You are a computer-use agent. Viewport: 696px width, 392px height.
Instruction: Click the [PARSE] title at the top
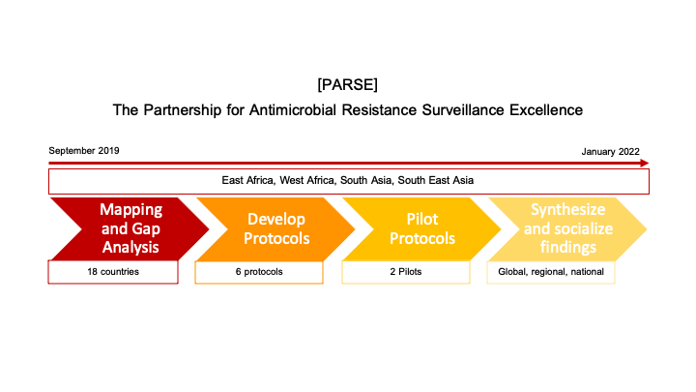pos(348,84)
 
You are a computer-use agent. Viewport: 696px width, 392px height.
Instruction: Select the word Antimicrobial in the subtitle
pos(293,109)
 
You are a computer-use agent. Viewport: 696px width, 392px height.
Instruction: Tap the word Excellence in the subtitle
pos(546,109)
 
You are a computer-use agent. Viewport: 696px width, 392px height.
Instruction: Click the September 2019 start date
pos(84,151)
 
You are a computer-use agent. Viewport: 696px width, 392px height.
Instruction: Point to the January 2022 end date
pos(610,152)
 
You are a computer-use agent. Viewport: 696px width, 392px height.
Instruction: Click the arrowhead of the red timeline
pos(645,164)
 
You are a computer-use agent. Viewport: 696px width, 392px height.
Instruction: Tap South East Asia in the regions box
pos(435,180)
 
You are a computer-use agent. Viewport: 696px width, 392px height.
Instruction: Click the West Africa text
pos(306,180)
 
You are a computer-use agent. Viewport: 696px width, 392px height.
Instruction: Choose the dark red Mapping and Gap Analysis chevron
pos(130,228)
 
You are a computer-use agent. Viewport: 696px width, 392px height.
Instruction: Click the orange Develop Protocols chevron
pos(276,228)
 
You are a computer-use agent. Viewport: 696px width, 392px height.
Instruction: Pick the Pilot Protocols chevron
pos(422,228)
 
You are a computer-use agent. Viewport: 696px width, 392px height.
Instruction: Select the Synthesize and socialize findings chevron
pos(568,228)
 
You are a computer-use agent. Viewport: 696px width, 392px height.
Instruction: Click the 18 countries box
pos(113,272)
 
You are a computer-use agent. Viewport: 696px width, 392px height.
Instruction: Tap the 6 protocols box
pos(259,272)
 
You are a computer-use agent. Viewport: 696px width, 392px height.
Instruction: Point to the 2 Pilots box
pos(406,272)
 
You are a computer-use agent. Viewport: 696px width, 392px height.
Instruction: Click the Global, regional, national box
pos(551,272)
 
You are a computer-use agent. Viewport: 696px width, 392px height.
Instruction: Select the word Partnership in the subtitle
pos(182,109)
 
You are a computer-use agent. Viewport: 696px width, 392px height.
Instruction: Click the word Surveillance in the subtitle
pos(463,109)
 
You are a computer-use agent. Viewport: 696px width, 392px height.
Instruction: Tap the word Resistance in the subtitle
pos(379,109)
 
